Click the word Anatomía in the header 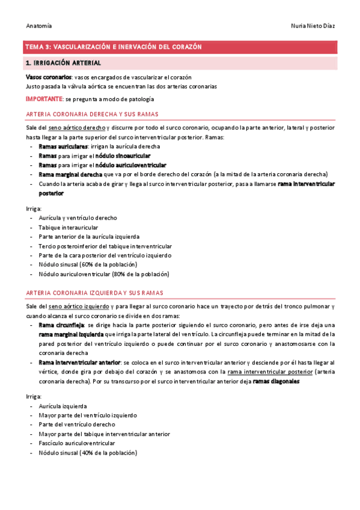point(39,26)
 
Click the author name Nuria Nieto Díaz point(312,26)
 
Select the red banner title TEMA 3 point(113,46)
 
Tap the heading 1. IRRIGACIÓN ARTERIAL point(63,63)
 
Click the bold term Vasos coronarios point(49,78)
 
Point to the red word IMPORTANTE point(44,98)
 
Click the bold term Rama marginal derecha point(70,174)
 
